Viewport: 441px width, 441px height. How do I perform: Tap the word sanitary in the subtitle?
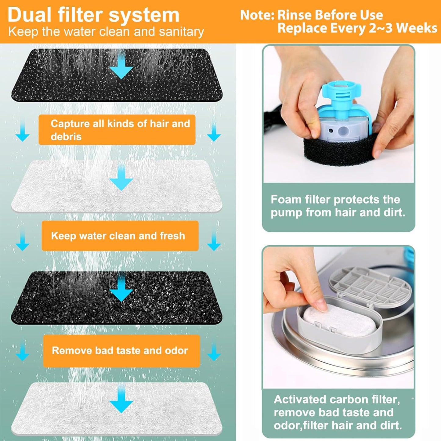tap(181, 32)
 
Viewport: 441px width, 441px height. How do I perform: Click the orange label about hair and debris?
tap(117, 130)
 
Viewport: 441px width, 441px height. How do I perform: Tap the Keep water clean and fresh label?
tap(120, 236)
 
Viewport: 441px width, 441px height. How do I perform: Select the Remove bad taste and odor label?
tap(121, 350)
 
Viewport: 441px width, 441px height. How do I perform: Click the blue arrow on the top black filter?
tap(121, 65)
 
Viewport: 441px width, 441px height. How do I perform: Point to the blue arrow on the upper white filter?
tap(121, 177)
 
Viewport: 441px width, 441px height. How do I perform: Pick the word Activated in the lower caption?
tap(300, 399)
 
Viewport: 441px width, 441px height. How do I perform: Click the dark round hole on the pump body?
tap(331, 131)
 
